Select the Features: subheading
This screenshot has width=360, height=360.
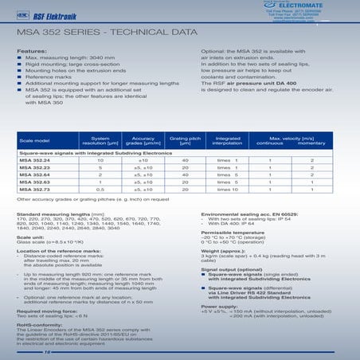(x=31, y=51)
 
